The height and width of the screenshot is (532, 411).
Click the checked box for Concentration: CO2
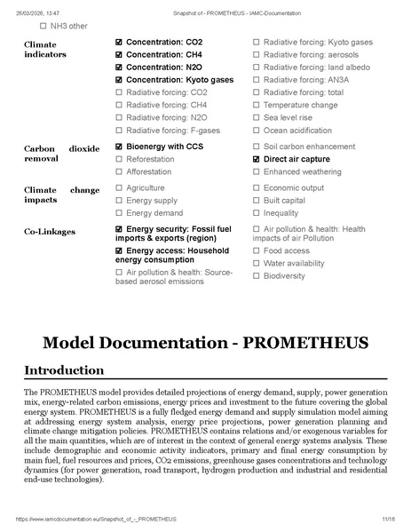point(120,43)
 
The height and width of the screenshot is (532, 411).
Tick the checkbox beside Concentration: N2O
point(120,67)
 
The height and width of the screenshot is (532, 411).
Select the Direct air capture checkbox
point(257,159)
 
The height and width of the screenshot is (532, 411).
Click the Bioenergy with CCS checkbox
point(120,147)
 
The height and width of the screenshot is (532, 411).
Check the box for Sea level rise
point(257,117)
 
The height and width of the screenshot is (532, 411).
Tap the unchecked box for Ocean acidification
point(257,130)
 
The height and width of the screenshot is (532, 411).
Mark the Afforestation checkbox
point(120,171)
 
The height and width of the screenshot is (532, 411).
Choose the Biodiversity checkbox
point(257,275)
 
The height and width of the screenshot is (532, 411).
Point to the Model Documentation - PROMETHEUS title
point(205,342)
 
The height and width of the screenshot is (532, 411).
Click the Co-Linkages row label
point(49,232)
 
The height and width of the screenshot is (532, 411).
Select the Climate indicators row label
point(44,49)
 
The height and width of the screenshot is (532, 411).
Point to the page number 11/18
point(388,519)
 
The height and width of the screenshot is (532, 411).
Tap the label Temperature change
point(300,105)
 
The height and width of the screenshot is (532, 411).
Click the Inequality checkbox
point(257,213)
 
